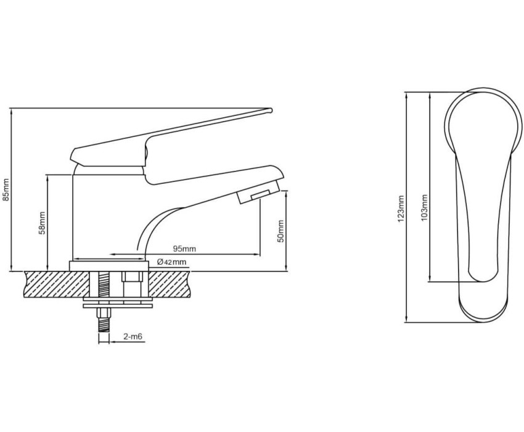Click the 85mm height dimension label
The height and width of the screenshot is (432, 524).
(6, 189)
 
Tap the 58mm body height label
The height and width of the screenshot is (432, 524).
(42, 223)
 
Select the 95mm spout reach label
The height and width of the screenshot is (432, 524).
(184, 249)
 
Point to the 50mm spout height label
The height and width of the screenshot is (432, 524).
(280, 231)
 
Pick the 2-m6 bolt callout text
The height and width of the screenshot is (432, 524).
(133, 336)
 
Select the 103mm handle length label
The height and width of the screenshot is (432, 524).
(424, 208)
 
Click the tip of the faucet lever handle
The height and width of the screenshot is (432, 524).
(271, 110)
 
